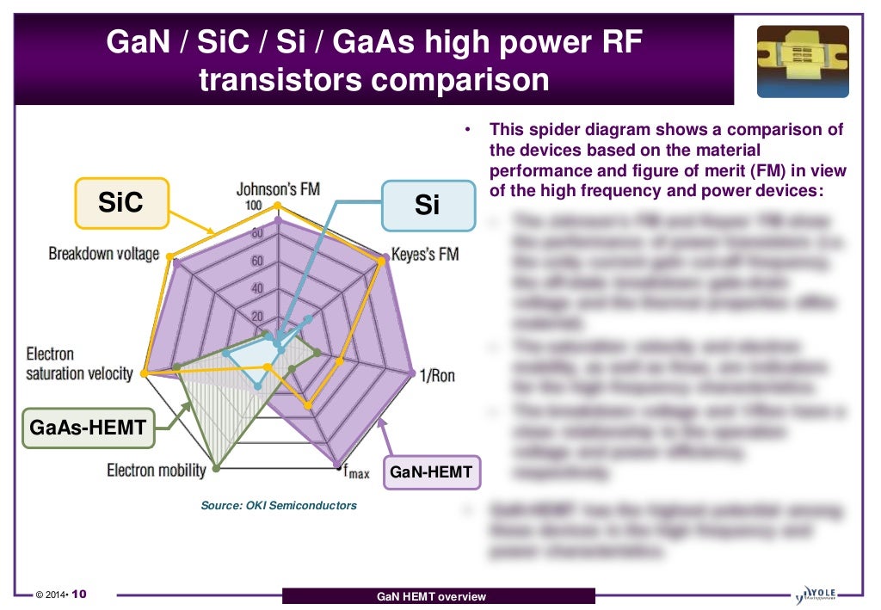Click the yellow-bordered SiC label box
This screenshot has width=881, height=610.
120,203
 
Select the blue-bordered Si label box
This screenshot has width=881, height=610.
428,206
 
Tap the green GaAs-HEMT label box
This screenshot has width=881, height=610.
89,428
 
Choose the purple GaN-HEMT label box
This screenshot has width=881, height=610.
431,471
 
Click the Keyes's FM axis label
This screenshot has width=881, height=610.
425,255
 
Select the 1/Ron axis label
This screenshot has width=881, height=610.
437,375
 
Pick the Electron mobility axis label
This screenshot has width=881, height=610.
157,470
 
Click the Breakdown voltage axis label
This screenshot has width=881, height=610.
104,254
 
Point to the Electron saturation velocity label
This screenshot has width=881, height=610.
79,364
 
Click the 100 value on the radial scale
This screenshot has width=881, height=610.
254,206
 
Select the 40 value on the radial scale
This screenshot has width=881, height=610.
256,288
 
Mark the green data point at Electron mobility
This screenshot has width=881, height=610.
216,468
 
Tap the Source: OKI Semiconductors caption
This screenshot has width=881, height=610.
278,506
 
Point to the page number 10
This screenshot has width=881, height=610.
78,595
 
